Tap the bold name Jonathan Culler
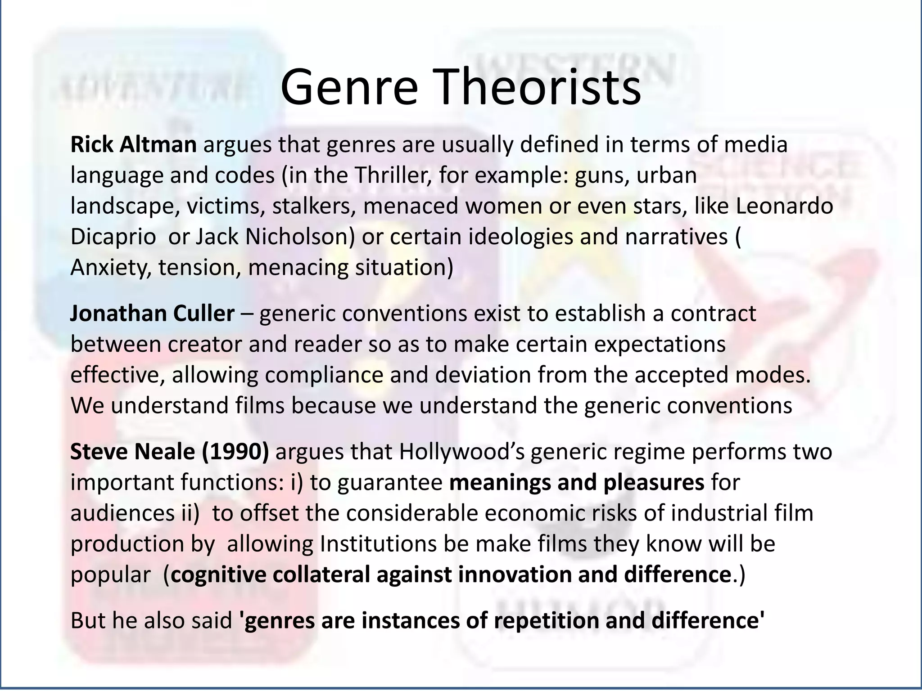(x=152, y=314)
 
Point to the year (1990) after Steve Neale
(x=235, y=452)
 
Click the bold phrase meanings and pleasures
(x=577, y=482)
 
